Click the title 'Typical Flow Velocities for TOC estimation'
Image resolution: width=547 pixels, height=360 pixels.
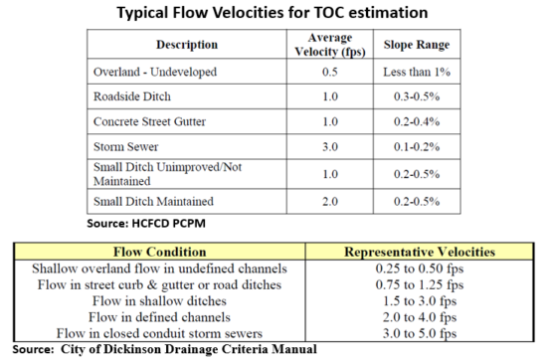point(273,13)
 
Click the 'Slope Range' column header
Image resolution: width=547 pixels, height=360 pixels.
point(413,45)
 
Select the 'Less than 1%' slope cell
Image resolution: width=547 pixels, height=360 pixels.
point(413,74)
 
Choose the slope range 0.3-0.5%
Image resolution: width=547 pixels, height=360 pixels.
point(413,99)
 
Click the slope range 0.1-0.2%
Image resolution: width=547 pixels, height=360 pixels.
point(413,151)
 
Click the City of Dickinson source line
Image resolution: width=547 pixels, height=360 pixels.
point(164,348)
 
